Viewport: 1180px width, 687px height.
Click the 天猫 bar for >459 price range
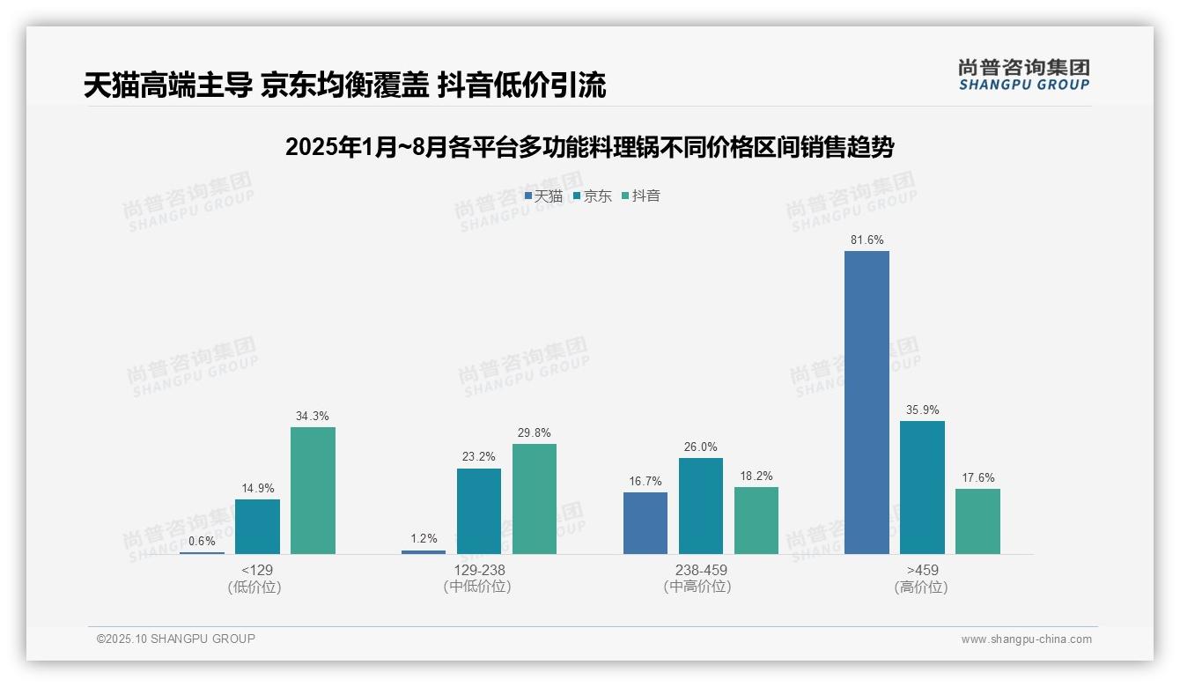point(867,403)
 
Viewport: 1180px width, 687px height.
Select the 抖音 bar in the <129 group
point(313,491)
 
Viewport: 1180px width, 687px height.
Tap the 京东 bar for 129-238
point(479,511)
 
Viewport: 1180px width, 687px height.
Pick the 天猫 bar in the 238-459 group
point(645,523)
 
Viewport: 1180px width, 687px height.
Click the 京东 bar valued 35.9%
point(922,487)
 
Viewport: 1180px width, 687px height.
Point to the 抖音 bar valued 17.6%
point(977,521)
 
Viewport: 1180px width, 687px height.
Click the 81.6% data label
point(867,240)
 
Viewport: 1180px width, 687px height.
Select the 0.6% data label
point(202,540)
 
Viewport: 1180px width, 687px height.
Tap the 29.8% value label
point(535,432)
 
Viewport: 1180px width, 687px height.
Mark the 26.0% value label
point(701,447)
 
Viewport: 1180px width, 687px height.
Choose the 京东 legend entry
point(592,196)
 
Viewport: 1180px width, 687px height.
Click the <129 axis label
point(257,570)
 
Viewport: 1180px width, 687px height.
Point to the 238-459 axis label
point(701,570)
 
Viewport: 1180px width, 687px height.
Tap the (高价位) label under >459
point(921,587)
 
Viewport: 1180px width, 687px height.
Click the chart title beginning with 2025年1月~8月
point(589,147)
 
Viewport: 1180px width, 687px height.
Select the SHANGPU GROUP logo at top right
point(1023,75)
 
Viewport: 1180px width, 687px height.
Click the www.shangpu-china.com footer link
point(1026,639)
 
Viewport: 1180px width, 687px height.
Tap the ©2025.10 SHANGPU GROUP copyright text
point(176,639)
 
